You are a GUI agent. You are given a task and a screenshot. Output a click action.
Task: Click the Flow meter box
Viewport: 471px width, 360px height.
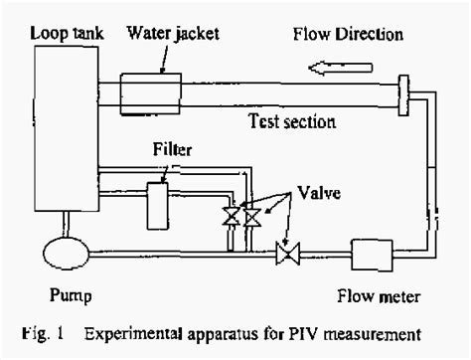click(x=374, y=255)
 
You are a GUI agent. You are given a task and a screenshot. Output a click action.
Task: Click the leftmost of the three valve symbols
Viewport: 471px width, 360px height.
click(x=232, y=217)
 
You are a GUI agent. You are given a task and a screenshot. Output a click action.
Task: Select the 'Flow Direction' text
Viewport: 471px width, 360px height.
click(x=348, y=35)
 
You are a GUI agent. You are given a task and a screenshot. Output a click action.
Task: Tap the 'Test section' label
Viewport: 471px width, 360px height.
click(x=290, y=122)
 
